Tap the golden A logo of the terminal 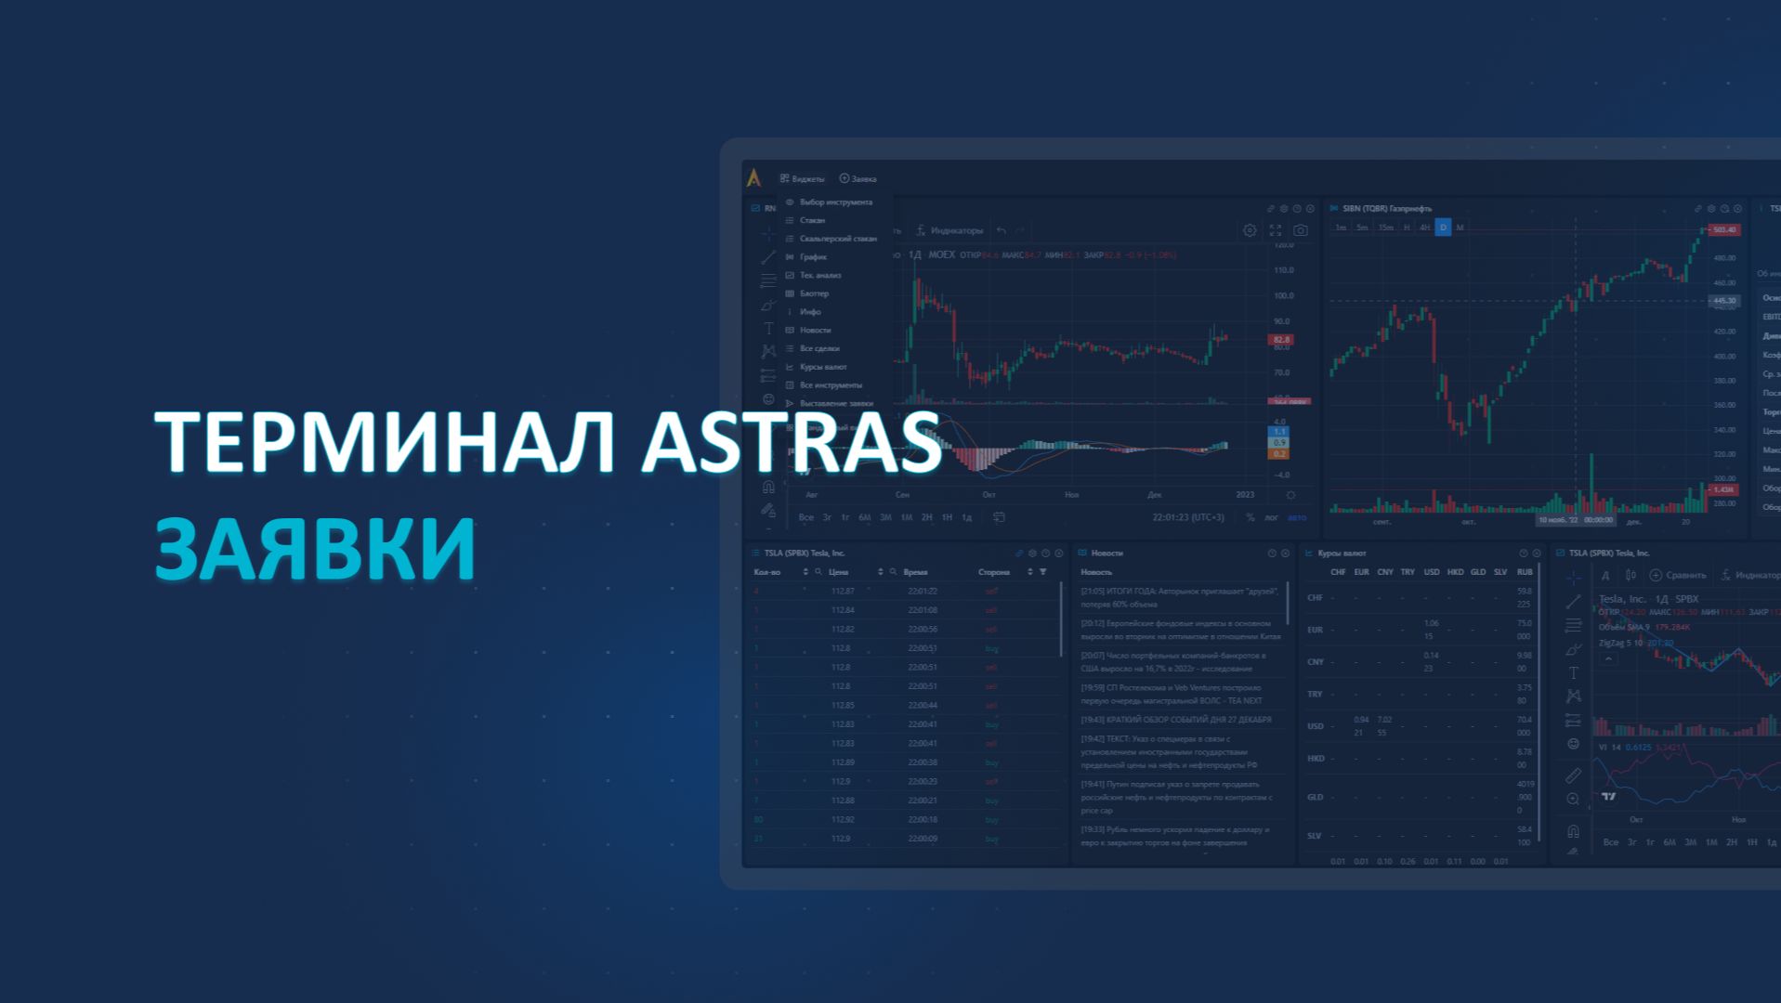[x=753, y=178]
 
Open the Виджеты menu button [x=803, y=178]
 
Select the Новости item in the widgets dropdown [x=815, y=330]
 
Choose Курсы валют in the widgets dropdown [x=822, y=367]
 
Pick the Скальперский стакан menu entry [x=837, y=239]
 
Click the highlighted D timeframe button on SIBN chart [x=1443, y=228]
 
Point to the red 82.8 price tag [x=1281, y=340]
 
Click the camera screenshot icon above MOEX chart [x=1300, y=230]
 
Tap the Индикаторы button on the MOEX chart [x=949, y=230]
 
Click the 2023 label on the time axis [x=1245, y=495]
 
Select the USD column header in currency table [x=1432, y=572]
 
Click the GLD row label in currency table [x=1315, y=797]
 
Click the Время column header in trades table [x=915, y=572]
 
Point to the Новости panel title [x=1107, y=553]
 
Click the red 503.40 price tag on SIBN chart [x=1723, y=229]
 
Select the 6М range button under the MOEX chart [x=864, y=517]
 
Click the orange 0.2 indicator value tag [x=1279, y=454]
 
